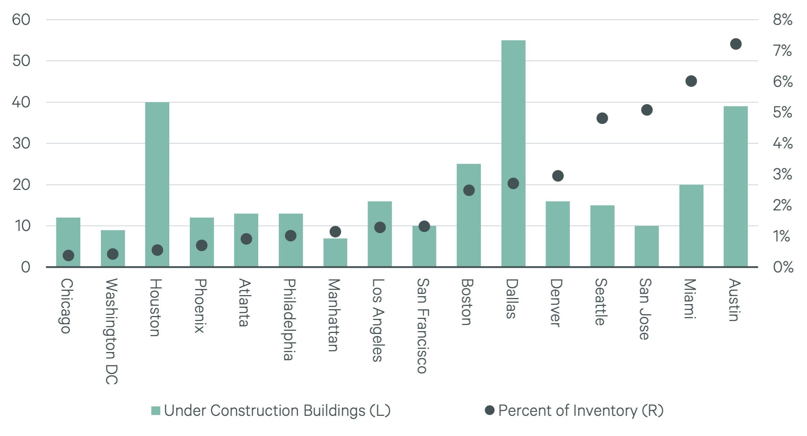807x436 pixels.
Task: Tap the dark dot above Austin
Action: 736,44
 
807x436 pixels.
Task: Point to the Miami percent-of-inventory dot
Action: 691,81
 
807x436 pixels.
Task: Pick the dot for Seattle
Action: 602,118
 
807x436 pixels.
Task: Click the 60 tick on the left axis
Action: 21,19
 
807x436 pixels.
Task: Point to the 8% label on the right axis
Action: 782,19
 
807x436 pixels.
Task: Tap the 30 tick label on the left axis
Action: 21,143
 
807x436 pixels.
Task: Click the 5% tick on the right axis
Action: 782,112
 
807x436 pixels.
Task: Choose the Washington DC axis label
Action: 112,331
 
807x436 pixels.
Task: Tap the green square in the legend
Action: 156,411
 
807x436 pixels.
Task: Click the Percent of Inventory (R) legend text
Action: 580,410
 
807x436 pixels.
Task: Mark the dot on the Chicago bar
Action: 68,255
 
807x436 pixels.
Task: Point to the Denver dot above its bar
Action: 558,176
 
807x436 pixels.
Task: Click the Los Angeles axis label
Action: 378,320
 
